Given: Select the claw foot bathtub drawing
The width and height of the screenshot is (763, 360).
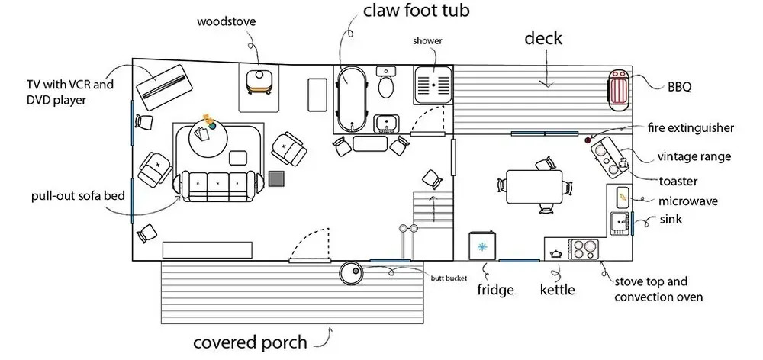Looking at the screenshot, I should coord(352,97).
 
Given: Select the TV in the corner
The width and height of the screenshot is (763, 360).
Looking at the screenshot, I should coord(162,85).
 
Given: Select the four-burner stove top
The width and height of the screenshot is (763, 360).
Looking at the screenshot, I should coord(584,249).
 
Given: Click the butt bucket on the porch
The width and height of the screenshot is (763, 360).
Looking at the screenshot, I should coord(353,273).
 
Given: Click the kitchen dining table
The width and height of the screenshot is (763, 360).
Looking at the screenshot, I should coord(533,186).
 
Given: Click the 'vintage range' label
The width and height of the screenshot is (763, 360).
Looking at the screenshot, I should coord(694,157).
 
